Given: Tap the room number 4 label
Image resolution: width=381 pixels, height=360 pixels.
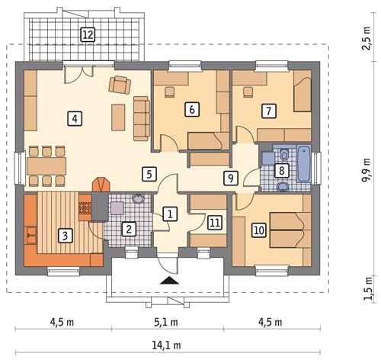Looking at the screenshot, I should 73,118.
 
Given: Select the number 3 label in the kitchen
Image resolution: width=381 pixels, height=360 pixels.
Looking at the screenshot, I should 66,236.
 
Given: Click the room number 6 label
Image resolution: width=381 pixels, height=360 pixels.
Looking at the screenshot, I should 193,110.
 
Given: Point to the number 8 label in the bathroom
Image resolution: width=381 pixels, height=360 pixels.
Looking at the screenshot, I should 281,170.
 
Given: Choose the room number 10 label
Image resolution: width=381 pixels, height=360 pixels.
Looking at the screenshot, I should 258,229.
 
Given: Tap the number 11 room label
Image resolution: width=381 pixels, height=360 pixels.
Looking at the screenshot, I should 215,223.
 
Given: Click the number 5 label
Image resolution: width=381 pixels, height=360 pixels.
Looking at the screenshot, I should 149,173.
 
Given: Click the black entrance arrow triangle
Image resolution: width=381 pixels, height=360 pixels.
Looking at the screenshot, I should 168,281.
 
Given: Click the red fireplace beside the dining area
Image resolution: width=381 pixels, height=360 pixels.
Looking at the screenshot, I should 101,185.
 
